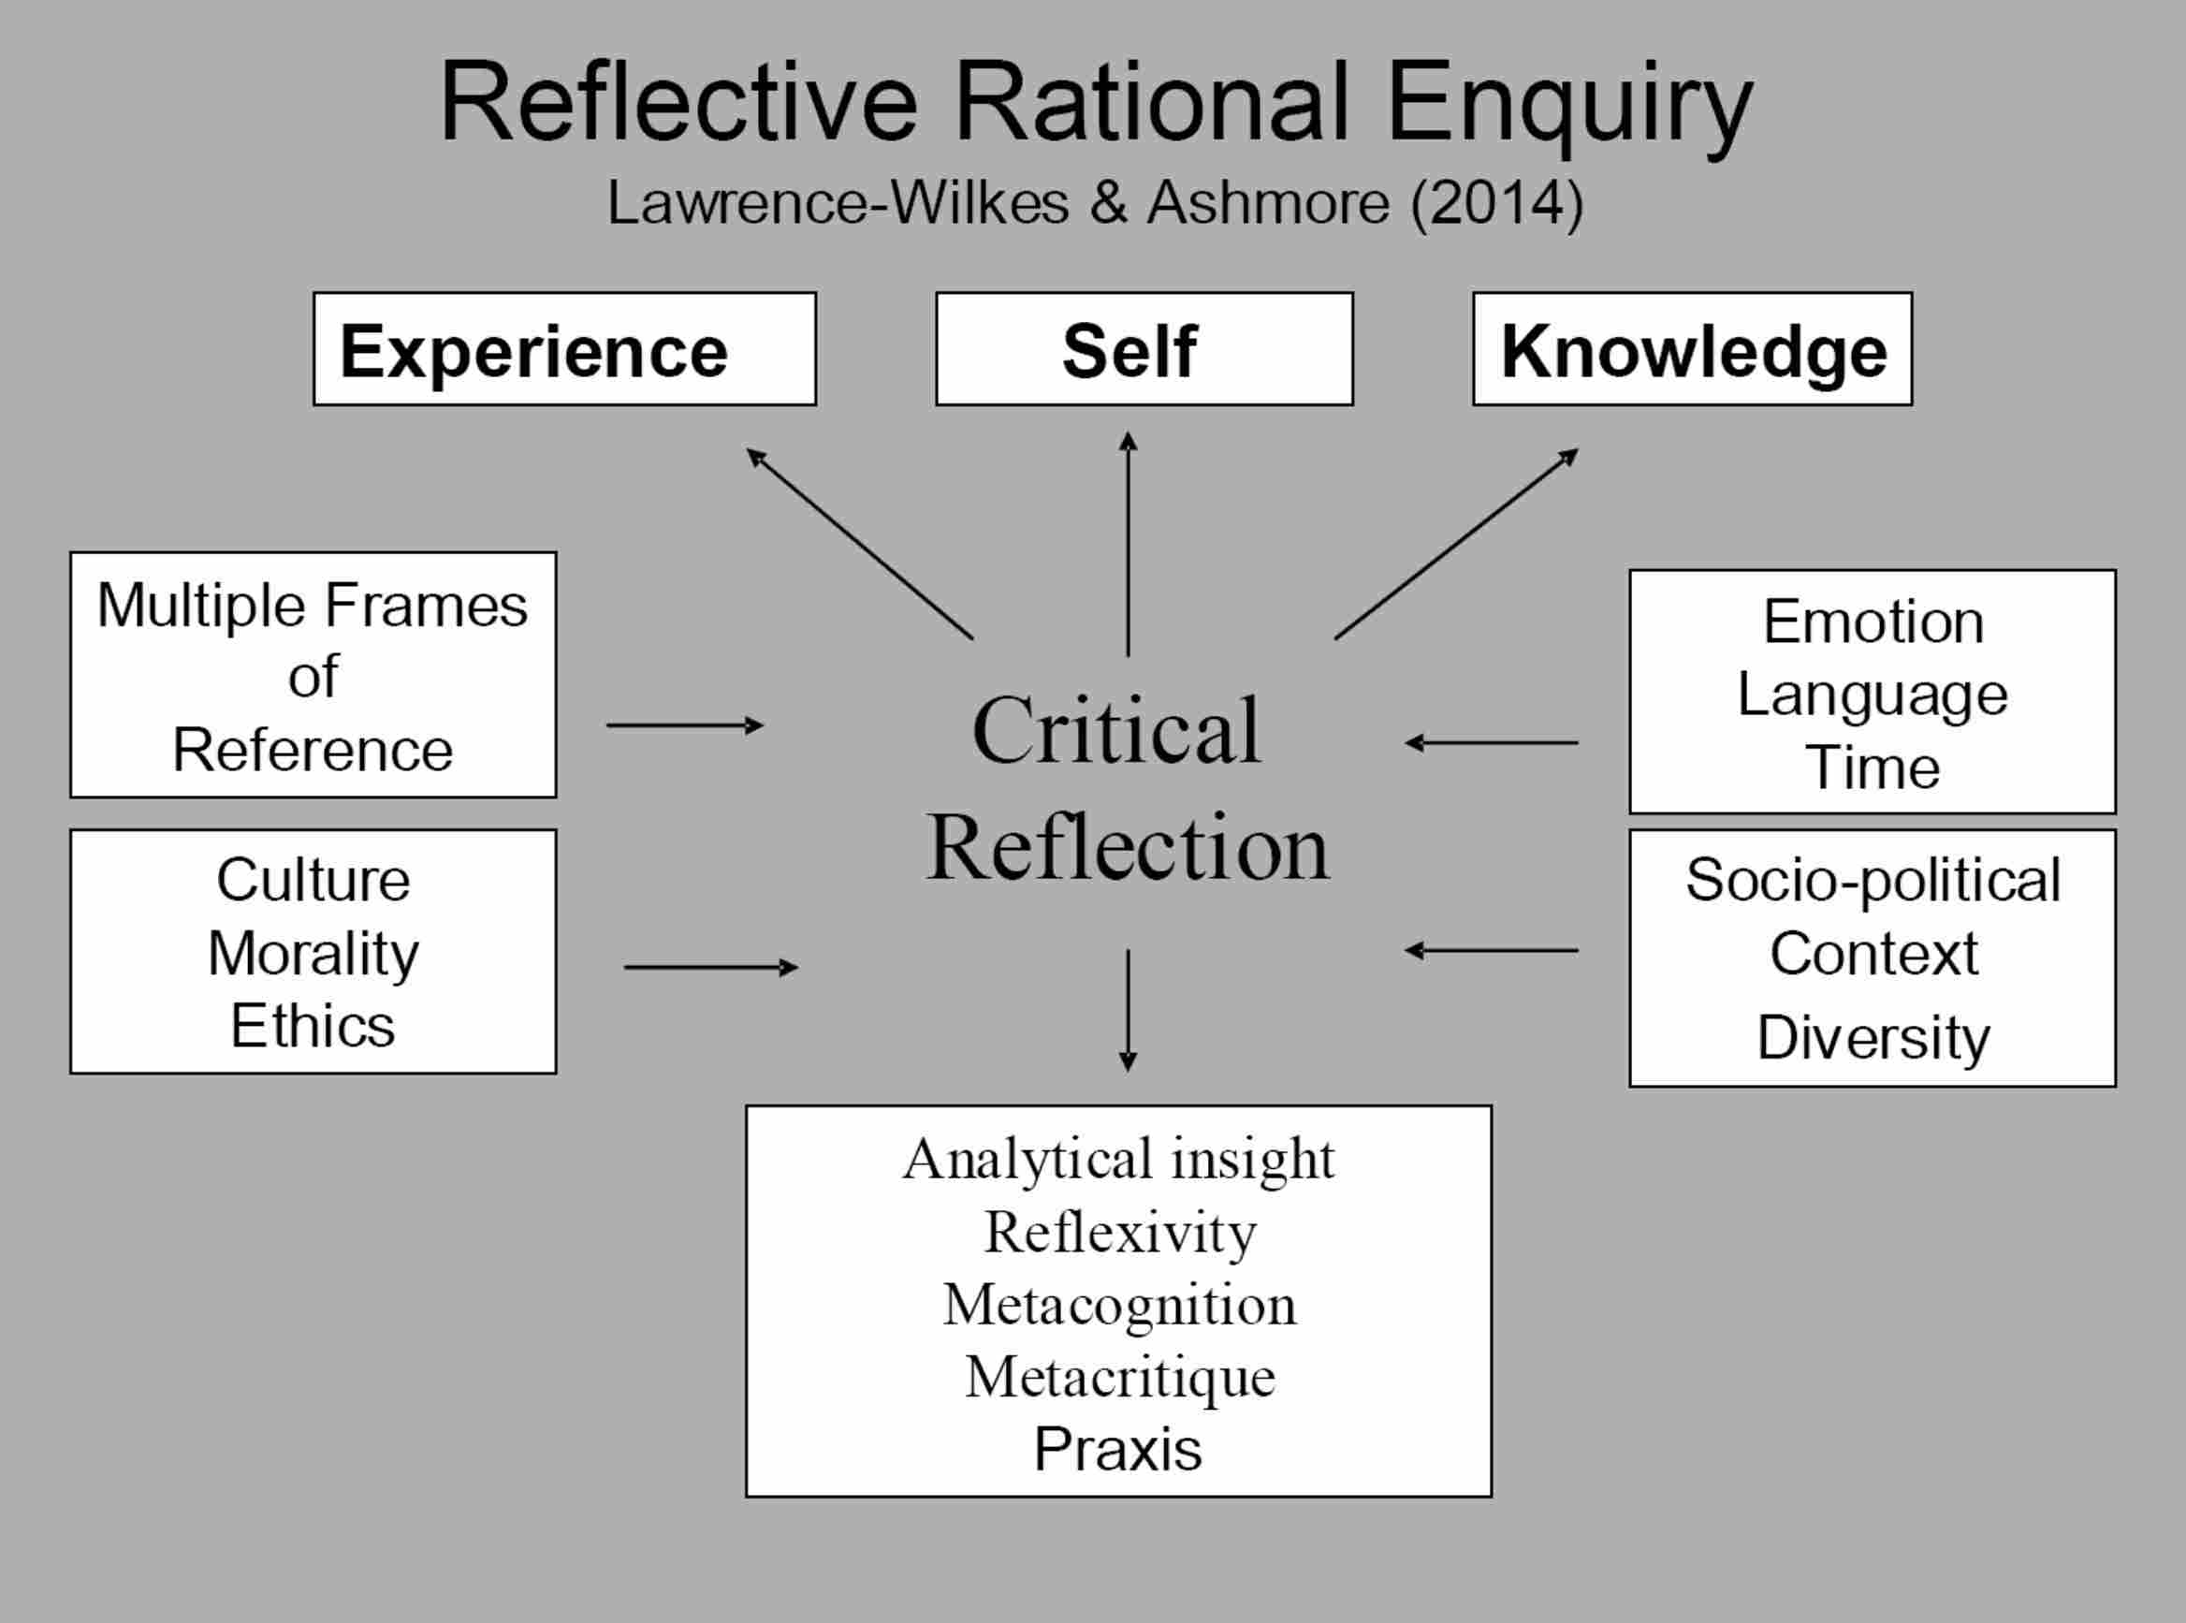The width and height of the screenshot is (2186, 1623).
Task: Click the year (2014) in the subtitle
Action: pos(1497,203)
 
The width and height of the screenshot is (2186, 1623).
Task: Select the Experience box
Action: pos(564,349)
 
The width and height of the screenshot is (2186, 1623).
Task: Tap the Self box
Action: pos(1144,349)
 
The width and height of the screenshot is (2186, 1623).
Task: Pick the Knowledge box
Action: pos(1692,349)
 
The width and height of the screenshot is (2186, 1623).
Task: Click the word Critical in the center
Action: pos(1116,731)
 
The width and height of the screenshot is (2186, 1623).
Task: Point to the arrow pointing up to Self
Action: pos(1129,546)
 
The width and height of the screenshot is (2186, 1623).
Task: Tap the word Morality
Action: pos(313,953)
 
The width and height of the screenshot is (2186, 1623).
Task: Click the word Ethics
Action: pos(313,1027)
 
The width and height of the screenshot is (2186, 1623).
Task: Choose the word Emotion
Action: pos(1873,621)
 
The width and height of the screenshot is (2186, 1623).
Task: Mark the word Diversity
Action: pos(1873,1038)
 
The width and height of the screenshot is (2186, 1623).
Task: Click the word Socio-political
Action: pos(1873,879)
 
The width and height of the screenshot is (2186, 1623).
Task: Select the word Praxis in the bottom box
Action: pos(1117,1449)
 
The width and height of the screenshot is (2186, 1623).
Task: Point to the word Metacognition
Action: pos(1119,1305)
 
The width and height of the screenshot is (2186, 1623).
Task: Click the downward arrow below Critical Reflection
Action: pos(1129,1010)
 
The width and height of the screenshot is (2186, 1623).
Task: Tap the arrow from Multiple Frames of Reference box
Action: pos(684,726)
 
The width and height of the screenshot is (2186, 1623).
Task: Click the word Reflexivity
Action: pos(1119,1232)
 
